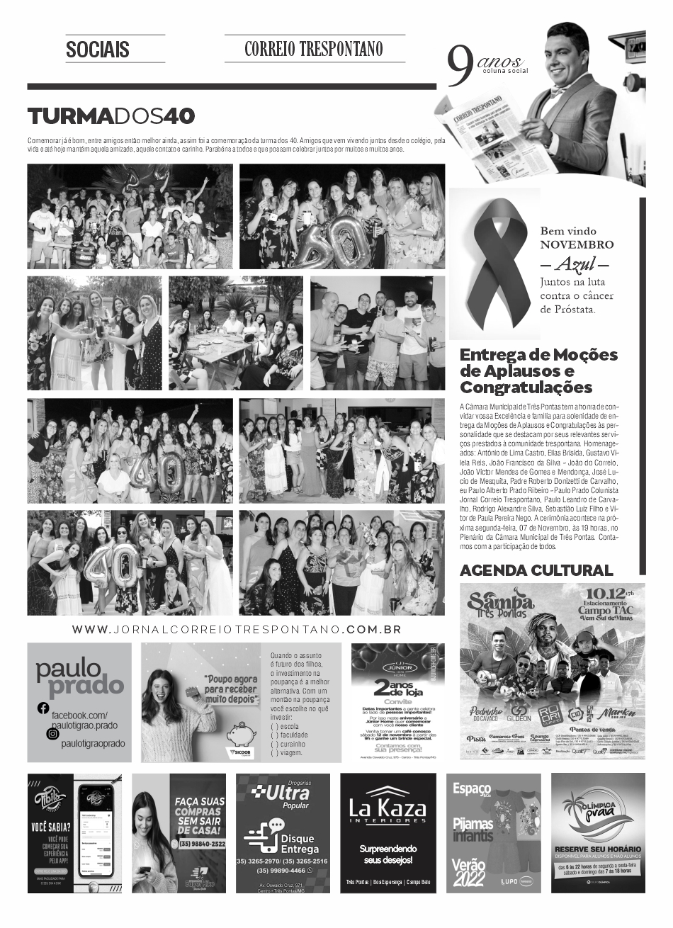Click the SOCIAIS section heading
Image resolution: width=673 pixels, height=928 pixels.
click(x=98, y=50)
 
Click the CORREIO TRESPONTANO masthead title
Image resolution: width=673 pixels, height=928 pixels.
click(x=314, y=49)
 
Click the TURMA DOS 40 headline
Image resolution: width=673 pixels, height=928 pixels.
click(x=111, y=116)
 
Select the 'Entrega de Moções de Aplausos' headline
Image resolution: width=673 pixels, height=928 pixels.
click(x=538, y=370)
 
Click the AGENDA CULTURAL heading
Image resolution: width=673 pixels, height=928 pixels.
click(x=536, y=570)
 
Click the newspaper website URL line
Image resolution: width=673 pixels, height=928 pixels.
click(x=237, y=629)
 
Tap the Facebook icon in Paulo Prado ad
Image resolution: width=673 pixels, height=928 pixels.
click(x=43, y=708)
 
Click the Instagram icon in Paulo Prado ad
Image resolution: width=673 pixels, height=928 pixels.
click(x=52, y=734)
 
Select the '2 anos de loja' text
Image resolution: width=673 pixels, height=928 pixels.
click(x=397, y=689)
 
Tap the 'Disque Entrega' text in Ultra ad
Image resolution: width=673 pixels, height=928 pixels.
click(x=300, y=843)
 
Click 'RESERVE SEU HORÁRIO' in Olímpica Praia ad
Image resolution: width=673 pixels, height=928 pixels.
click(x=597, y=849)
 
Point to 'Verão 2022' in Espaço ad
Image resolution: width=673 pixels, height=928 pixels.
click(x=469, y=872)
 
